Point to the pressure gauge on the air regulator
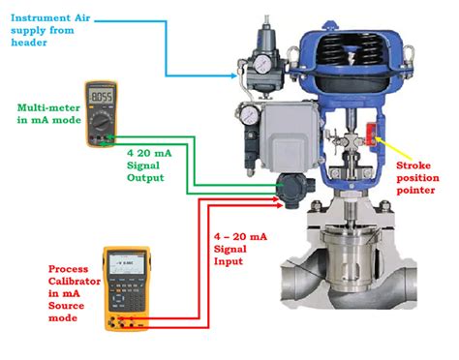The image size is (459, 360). pyautogui.click(x=261, y=66)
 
